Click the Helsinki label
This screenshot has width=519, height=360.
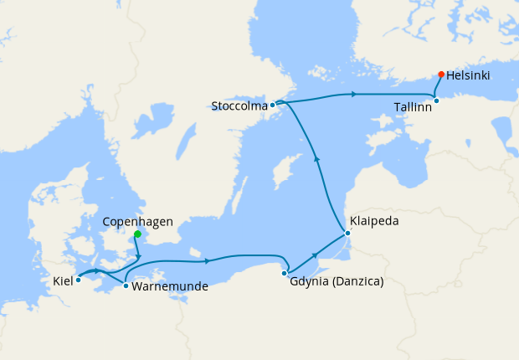pos(468,75)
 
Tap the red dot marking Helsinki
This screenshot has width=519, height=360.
pos(441,75)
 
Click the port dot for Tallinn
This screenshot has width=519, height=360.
pos(436,100)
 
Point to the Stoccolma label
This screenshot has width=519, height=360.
pos(239,106)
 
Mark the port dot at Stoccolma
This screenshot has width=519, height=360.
pos(273,105)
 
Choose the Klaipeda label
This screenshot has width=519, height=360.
pos(375,222)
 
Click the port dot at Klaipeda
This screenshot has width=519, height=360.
pos(347,233)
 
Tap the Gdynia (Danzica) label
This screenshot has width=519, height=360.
pos(336,281)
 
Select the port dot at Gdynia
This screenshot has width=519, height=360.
pos(285,273)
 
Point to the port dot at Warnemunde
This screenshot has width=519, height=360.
pos(126,286)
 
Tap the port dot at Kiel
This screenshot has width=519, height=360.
pos(78,280)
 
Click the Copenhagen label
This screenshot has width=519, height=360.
pos(137,222)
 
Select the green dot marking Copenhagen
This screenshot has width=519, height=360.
pos(137,234)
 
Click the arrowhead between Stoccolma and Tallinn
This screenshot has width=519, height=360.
pos(355,94)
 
